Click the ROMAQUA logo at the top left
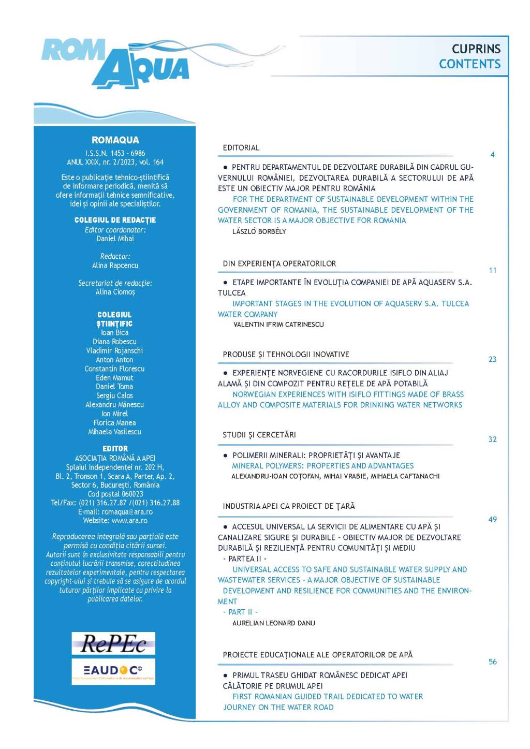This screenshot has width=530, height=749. (x=115, y=62)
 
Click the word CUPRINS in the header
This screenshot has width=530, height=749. (x=476, y=49)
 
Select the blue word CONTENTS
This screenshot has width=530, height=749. (x=469, y=64)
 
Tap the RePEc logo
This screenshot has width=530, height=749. (x=113, y=643)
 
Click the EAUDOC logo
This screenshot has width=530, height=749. (x=113, y=671)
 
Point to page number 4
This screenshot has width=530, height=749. (x=492, y=155)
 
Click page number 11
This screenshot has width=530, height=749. (x=492, y=270)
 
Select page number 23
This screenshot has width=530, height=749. (x=492, y=359)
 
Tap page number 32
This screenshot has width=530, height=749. (x=492, y=439)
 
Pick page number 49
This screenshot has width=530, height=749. (x=492, y=520)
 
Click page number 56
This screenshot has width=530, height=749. (x=492, y=662)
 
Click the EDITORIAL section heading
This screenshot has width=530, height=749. (x=241, y=148)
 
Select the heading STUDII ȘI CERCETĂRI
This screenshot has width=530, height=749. (x=259, y=435)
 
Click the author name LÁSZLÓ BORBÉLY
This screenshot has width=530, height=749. (x=259, y=231)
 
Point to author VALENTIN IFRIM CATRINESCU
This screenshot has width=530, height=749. (x=278, y=325)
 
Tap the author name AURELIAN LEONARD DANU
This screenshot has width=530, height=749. (x=274, y=623)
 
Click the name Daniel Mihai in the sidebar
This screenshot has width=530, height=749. (x=115, y=239)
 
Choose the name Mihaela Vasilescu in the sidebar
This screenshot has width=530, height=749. (x=114, y=432)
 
